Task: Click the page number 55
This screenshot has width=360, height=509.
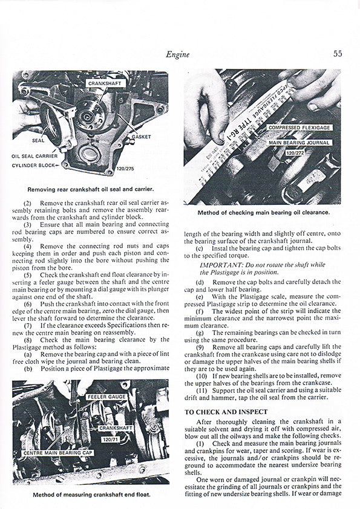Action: coord(337,53)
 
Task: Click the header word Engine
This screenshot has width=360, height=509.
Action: coord(177,54)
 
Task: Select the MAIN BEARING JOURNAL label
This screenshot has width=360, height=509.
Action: coord(300,143)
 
